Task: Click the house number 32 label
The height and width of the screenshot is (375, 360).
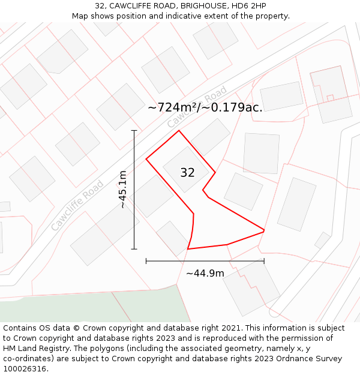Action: tap(187, 173)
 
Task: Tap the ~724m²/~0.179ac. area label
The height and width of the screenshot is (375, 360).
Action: tap(205, 107)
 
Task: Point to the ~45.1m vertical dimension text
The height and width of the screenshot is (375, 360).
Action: tap(122, 190)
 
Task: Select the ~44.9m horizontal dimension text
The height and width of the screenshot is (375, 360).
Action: tap(205, 274)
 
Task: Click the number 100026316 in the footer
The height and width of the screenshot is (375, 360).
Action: tap(26, 369)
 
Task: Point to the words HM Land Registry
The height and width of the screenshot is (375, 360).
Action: tap(34, 349)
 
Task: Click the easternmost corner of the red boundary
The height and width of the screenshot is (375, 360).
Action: tap(264, 230)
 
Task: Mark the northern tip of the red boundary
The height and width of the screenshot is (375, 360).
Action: tap(179, 131)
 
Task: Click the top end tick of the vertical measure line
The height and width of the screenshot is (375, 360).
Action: tap(134, 130)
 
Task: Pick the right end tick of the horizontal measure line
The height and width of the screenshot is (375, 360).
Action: tap(264, 261)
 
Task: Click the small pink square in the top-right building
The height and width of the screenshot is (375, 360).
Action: tap(330, 97)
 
